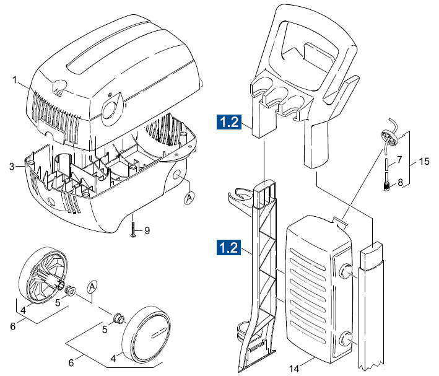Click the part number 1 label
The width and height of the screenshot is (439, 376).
(x=15, y=80)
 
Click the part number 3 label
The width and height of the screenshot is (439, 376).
(x=12, y=166)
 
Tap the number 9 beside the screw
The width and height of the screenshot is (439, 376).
(x=147, y=231)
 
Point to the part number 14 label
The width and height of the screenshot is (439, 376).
(x=293, y=369)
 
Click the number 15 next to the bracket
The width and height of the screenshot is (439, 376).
(x=424, y=162)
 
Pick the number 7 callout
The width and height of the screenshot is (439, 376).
(x=399, y=160)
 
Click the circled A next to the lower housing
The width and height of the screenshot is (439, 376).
(x=191, y=198)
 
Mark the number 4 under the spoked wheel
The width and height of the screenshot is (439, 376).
(x=24, y=309)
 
